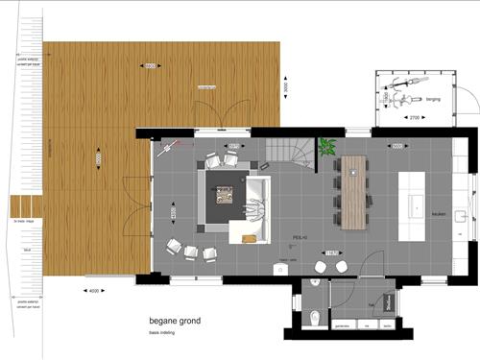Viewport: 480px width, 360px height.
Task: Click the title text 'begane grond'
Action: [x=175, y=323]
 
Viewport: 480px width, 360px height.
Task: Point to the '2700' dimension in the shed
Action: [x=415, y=118]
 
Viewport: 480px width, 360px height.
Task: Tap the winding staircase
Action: [x=287, y=151]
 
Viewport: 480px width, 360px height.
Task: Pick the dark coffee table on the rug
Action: [x=226, y=195]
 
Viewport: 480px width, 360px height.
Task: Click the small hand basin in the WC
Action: [x=316, y=285]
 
